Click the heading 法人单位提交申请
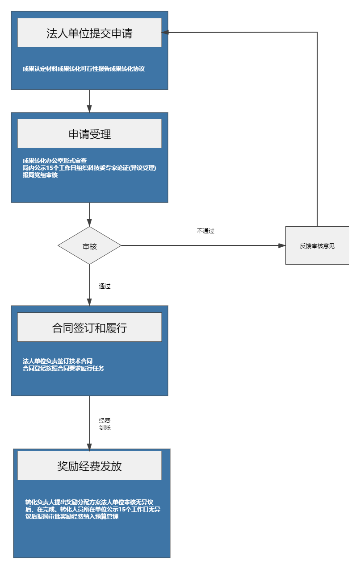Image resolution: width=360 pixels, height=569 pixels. pos(89,33)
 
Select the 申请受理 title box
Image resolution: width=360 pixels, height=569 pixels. pos(89,134)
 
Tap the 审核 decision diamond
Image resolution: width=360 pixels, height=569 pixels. pos(89,246)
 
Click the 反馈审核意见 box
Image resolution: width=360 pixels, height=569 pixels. pos(317,246)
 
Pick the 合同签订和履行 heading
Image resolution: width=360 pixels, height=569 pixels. pos(89,328)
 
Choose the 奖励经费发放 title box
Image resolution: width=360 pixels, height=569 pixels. pos(89,466)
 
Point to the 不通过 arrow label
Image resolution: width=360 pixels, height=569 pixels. pos(205,231)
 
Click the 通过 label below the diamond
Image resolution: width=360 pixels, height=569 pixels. pos(105,287)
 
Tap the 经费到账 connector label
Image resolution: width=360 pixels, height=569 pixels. pos(105,424)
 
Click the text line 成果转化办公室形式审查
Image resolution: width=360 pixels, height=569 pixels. pos(54,160)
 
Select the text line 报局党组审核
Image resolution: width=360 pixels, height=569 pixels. pos(40,175)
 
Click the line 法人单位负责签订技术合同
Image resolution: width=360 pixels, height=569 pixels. pos(57,361)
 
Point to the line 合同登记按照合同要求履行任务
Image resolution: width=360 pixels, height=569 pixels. pos(63,369)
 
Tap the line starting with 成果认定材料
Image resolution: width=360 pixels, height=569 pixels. pos(84,69)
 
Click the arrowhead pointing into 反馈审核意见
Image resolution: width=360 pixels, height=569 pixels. pos(281,245)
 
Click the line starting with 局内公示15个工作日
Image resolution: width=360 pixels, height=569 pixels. pos(89,168)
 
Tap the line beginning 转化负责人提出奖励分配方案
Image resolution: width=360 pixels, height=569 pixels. pos(92,502)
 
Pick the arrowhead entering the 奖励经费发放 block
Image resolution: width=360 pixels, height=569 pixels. pos(89,447)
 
